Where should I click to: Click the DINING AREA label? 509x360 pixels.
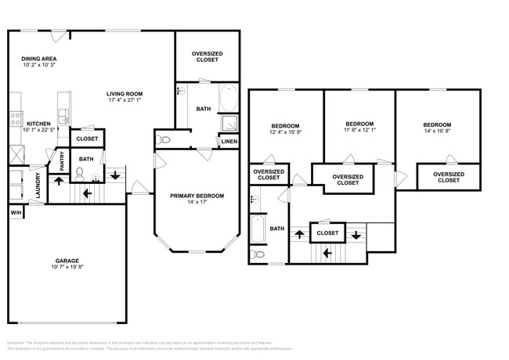[38, 59]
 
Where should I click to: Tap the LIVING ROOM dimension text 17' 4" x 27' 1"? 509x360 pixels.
[125, 100]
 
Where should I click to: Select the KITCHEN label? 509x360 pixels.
[39, 124]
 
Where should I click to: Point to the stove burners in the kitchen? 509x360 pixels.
[14, 119]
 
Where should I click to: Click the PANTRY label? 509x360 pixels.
[63, 161]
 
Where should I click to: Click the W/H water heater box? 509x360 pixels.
[16, 213]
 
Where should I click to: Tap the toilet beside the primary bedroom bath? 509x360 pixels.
[164, 140]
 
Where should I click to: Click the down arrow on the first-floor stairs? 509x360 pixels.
[116, 175]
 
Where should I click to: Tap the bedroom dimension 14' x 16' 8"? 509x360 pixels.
[437, 131]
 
